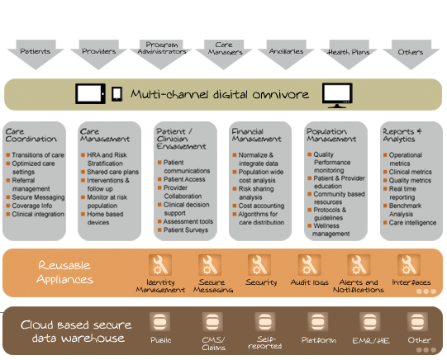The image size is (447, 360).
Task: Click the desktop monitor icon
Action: pyautogui.click(x=337, y=96)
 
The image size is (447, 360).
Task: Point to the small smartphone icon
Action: pyautogui.click(x=117, y=93)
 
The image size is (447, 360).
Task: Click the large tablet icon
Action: pyautogui.click(x=90, y=93)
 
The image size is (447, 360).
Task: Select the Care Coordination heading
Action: pyautogui.click(x=31, y=135)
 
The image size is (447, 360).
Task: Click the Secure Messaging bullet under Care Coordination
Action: pyautogui.click(x=36, y=197)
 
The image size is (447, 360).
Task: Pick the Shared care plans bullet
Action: pyautogui.click(x=110, y=172)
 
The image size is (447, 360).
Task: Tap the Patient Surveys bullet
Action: pyautogui.click(x=183, y=230)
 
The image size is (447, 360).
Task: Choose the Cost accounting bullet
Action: pyautogui.click(x=259, y=206)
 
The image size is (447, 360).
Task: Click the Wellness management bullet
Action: pyautogui.click(x=329, y=230)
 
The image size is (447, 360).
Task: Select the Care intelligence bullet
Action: pyautogui.click(x=410, y=222)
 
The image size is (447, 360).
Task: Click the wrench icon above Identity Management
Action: pyautogui.click(x=160, y=265)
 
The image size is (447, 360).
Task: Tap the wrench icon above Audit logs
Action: pyautogui.click(x=309, y=265)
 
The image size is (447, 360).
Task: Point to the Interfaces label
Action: pyautogui.click(x=411, y=282)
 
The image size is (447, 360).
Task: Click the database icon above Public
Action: pyautogui.click(x=160, y=322)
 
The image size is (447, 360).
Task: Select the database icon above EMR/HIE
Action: pyautogui.click(x=369, y=322)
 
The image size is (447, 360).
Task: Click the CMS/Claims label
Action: pyautogui.click(x=213, y=343)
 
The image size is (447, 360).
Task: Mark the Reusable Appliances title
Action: pyautogui.click(x=65, y=272)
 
